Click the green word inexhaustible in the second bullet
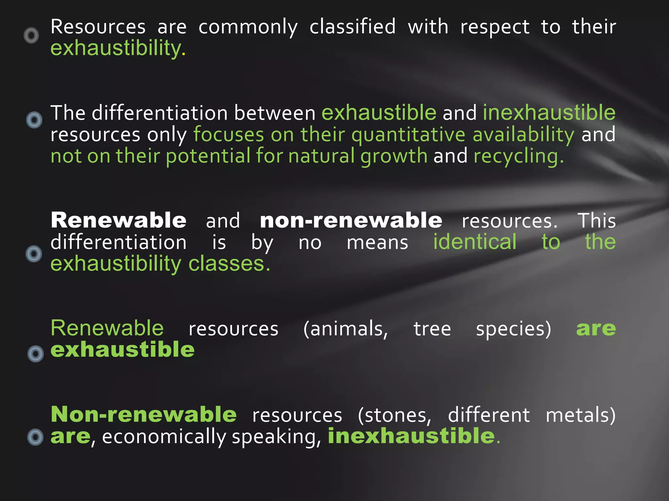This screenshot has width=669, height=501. point(549,113)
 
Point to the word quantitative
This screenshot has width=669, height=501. point(408,135)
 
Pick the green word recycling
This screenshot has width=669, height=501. point(518,157)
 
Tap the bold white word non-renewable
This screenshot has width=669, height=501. point(351,220)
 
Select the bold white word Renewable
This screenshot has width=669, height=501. point(119,220)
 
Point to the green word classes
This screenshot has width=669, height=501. point(229,264)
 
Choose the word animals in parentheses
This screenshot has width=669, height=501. point(346,329)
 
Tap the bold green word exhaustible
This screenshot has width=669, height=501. point(122,350)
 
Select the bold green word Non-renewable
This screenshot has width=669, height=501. point(144,415)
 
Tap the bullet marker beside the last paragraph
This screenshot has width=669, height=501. point(35,437)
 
